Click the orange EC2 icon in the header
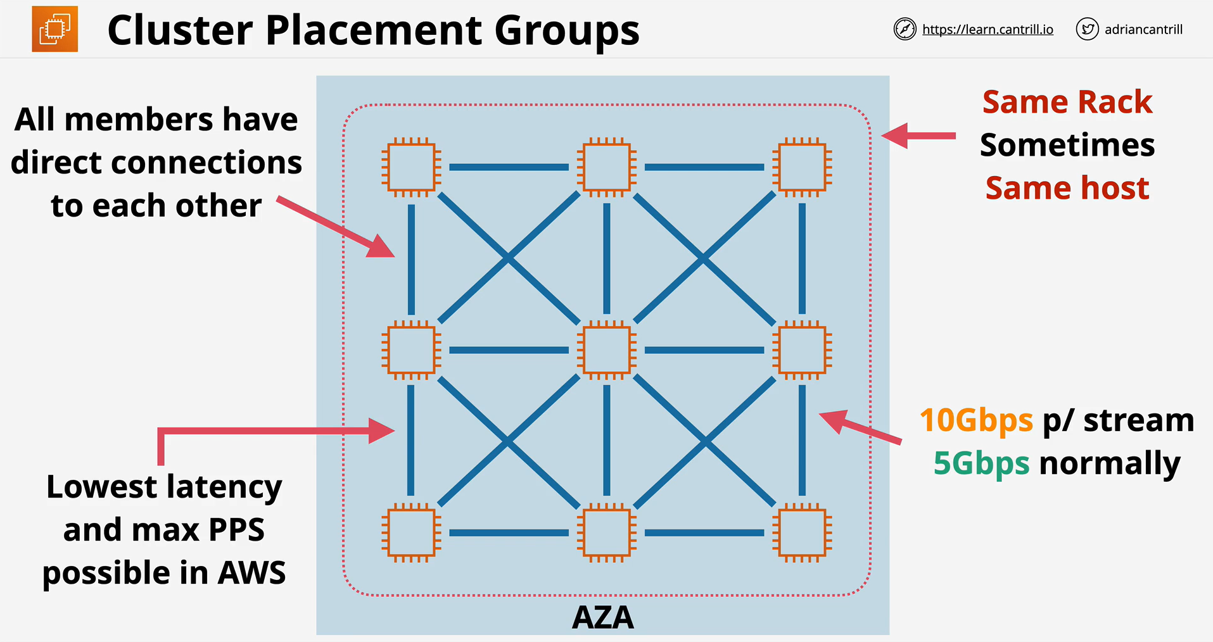click(55, 29)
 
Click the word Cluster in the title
click(180, 30)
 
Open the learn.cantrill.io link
click(988, 30)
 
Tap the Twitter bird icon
click(1087, 29)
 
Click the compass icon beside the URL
click(905, 29)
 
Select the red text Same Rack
click(1067, 102)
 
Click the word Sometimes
click(1067, 145)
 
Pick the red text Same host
click(1067, 188)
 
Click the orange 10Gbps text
click(976, 421)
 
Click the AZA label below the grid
click(602, 617)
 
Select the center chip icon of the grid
click(607, 350)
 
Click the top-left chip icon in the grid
click(412, 167)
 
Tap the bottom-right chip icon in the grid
click(802, 533)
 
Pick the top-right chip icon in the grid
click(802, 167)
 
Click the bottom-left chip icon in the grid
click(412, 533)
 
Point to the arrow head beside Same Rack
click(894, 135)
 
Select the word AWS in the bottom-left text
click(251, 573)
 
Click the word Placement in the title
click(374, 30)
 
